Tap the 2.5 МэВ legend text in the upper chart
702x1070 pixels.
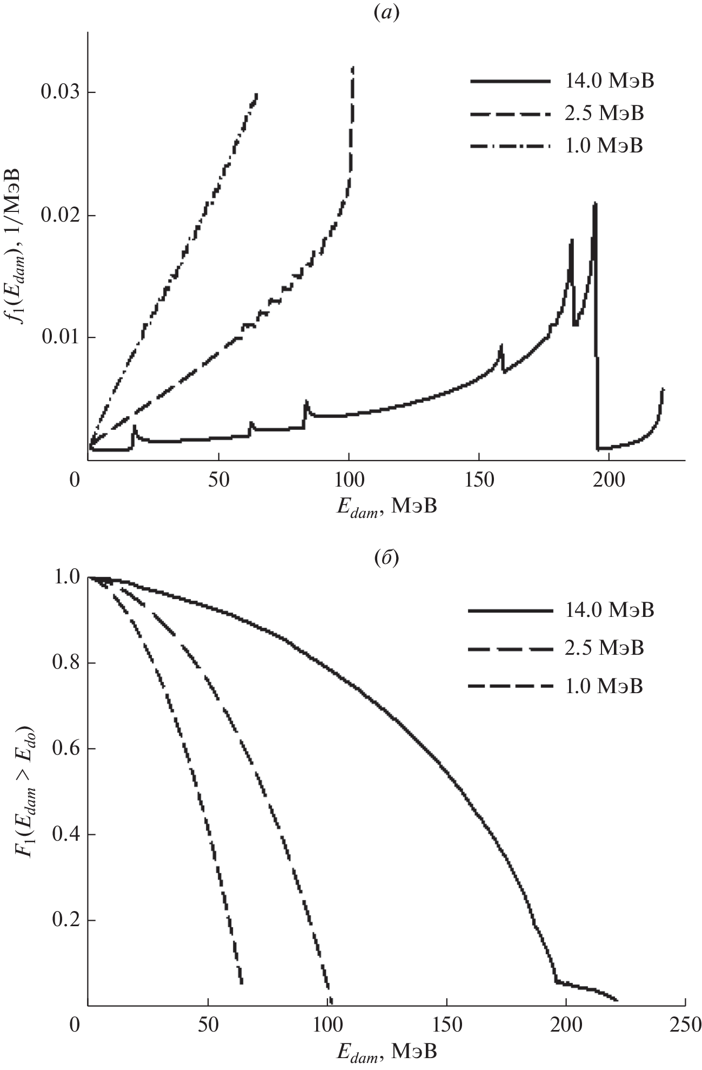(604, 114)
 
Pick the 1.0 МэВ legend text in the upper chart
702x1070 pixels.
(604, 146)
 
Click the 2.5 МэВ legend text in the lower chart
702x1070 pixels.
(604, 648)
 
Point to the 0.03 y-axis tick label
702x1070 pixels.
(59, 92)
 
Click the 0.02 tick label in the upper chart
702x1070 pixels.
(59, 215)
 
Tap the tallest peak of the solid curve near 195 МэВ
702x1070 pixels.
(595, 203)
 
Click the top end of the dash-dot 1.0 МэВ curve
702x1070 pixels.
(256, 95)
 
